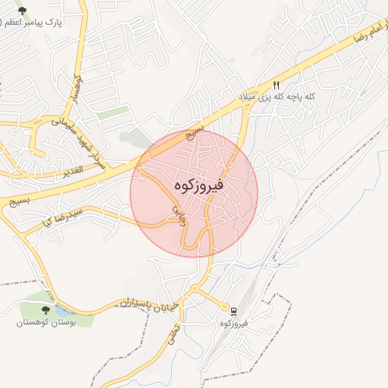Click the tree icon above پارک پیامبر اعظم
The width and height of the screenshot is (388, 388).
[22, 11]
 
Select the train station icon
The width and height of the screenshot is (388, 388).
[234, 311]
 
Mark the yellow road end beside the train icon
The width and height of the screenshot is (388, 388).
[225, 307]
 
